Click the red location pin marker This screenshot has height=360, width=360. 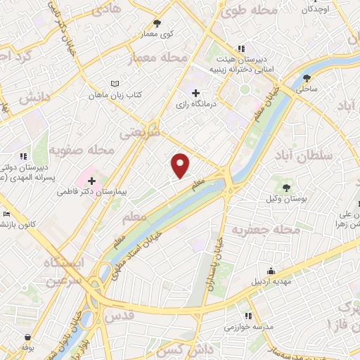181,165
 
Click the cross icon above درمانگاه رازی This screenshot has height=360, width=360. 195,93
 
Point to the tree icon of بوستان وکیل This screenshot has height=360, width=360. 286,187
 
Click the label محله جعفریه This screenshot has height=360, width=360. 267,230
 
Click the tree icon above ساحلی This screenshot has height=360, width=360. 309,78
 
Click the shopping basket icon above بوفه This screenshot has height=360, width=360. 27,337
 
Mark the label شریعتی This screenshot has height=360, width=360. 140,131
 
